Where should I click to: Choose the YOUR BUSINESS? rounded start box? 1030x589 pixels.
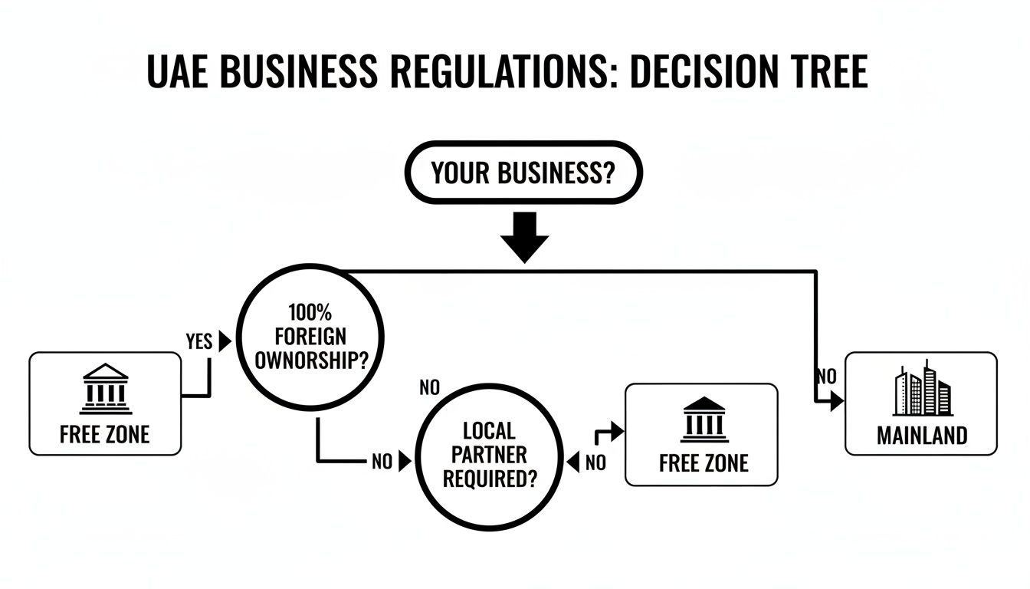523,173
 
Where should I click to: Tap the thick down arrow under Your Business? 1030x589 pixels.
524,236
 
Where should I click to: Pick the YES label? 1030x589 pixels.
199,342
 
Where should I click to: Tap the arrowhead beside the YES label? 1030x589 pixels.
225,342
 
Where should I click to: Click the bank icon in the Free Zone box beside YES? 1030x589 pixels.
105,388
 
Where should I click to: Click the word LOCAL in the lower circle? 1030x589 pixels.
490,431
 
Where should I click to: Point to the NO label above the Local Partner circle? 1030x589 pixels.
430,388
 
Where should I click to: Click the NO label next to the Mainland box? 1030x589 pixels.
825,377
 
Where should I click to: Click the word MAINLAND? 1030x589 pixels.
922,436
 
